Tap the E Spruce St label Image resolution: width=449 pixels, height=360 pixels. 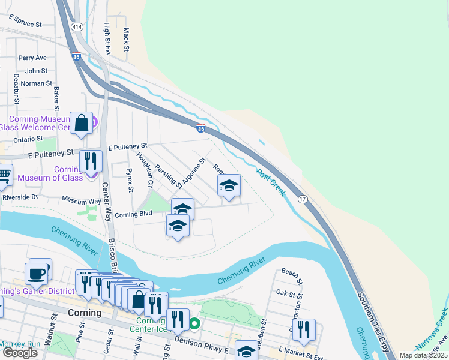pos(25,22)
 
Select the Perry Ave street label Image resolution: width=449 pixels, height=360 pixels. pos(32,58)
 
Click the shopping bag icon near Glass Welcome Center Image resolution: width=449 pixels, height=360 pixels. pos(82,124)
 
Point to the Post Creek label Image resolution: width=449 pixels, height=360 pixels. pos(270,179)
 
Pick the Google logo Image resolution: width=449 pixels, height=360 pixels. pos(20,353)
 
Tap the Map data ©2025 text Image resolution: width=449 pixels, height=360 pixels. pos(423,355)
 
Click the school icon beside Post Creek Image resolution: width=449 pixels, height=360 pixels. pos(228,186)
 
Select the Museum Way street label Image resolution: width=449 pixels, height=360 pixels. pos(82,200)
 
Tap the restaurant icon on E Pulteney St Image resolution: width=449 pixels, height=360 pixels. pos(91,161)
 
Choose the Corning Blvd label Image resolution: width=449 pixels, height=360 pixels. pos(133,214)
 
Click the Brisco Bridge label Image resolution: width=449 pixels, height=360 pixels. pos(112,259)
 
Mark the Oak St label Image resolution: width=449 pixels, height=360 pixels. pos(284,293)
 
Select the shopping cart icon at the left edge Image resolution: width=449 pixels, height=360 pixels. pos(4,175)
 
